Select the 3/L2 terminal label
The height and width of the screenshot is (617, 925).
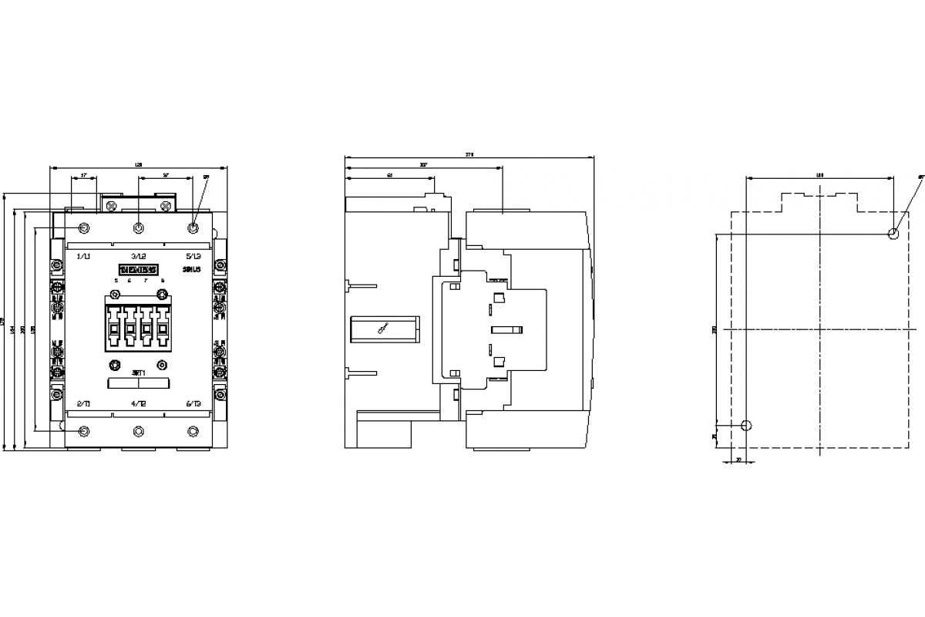pyautogui.click(x=139, y=255)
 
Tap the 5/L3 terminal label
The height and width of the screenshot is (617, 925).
pyautogui.click(x=193, y=255)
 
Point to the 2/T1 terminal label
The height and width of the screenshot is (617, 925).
pyautogui.click(x=84, y=403)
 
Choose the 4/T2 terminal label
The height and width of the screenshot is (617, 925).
pyautogui.click(x=139, y=403)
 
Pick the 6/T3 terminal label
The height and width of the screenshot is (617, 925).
pyautogui.click(x=193, y=403)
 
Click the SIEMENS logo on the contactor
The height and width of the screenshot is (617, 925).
pyautogui.click(x=139, y=269)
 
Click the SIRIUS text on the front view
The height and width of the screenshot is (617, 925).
pyautogui.click(x=191, y=269)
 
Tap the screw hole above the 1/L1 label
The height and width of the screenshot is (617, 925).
pyautogui.click(x=84, y=228)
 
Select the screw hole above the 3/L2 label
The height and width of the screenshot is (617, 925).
pyautogui.click(x=139, y=228)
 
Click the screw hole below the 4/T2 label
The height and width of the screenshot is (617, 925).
pyautogui.click(x=139, y=430)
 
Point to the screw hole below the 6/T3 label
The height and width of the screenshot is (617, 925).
pyautogui.click(x=193, y=430)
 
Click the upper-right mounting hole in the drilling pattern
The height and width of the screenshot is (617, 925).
pyautogui.click(x=893, y=234)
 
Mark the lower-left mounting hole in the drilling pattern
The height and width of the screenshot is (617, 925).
pyautogui.click(x=745, y=425)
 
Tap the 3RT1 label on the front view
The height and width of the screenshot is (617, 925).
pyautogui.click(x=139, y=373)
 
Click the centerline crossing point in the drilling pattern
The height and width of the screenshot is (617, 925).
pyautogui.click(x=819, y=329)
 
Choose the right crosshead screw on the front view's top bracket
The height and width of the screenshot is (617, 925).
pyautogui.click(x=165, y=205)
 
